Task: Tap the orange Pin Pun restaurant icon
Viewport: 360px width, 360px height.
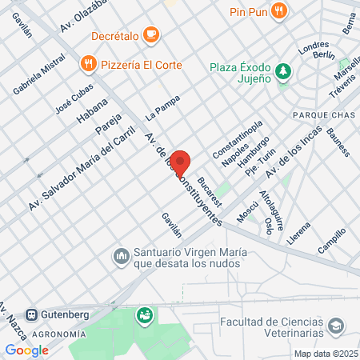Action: (x=278, y=10)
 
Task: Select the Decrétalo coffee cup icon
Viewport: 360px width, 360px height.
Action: (x=153, y=34)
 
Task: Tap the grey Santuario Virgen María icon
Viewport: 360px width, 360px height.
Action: (x=122, y=256)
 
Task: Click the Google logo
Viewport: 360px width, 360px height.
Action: (x=26, y=350)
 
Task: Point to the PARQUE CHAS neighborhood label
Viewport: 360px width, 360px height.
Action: (x=319, y=115)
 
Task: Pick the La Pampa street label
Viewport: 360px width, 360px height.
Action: (x=162, y=107)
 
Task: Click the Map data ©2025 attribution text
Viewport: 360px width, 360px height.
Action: (x=326, y=354)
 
